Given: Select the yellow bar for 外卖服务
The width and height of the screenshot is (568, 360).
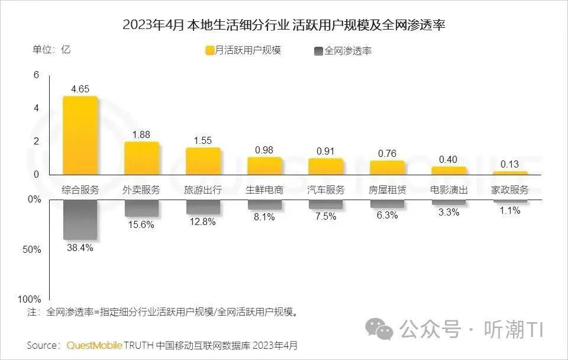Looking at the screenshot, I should point(142,158).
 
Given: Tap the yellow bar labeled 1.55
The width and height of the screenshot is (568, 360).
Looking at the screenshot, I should point(204,160).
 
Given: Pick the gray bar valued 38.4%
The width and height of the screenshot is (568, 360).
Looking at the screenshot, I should point(80,219).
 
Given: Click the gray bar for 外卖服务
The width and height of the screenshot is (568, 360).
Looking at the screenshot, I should point(142,208).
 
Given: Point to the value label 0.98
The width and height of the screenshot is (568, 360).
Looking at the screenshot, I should point(264,150).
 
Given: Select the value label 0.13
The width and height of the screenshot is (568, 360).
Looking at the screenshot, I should point(510,164).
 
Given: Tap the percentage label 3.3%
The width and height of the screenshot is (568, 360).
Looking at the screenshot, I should point(448,213).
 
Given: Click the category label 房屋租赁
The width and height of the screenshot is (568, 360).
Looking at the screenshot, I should point(388,190).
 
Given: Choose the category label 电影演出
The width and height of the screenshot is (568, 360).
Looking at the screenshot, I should point(448,190).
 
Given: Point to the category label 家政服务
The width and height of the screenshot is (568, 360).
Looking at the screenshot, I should point(510,190).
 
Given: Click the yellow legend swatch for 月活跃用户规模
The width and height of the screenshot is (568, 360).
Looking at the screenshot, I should point(209,50).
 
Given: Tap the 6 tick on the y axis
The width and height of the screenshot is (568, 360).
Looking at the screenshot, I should point(36,75).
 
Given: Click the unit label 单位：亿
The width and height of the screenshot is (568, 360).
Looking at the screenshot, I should point(51,50).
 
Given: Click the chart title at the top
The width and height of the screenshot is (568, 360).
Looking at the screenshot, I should point(284,25).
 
